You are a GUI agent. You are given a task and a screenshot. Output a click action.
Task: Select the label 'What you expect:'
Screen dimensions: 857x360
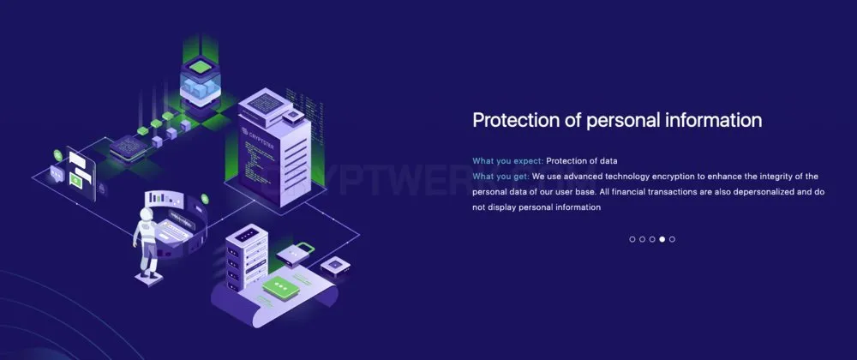coord(508,160)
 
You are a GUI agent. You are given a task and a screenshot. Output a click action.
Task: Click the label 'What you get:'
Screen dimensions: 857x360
coord(501,177)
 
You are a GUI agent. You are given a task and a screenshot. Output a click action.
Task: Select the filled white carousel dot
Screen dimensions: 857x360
coord(662,239)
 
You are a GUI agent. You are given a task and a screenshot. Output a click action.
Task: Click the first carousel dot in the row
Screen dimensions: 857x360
coord(632,239)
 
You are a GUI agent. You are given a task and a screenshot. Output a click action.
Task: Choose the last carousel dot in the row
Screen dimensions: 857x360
coord(672,239)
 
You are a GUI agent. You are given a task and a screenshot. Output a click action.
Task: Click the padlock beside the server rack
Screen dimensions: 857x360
coord(296,255)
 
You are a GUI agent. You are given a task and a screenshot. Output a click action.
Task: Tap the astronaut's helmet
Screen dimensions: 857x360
coord(147,214)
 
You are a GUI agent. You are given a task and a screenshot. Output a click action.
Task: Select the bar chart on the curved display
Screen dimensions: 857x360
coord(159,196)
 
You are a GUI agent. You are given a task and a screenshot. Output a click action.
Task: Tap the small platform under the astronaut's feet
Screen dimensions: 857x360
coord(148,279)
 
